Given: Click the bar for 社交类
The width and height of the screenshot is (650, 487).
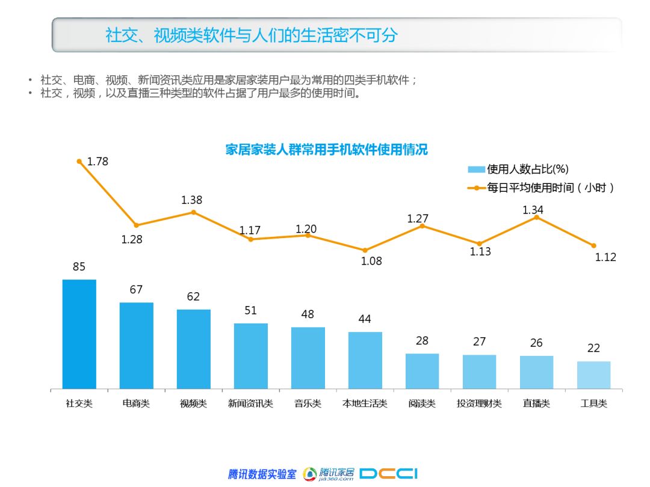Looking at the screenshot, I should point(79,334).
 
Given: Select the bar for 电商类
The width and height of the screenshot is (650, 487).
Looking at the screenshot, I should point(136,345).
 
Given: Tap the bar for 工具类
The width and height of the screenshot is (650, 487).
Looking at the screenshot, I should point(593,375).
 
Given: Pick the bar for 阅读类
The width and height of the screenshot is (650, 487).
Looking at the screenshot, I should point(422,370).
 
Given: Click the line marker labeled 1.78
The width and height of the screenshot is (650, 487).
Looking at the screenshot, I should point(79,161).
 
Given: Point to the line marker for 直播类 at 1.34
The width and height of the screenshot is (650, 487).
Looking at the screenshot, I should point(536,217).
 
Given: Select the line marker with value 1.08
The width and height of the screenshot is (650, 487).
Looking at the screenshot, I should point(365,250).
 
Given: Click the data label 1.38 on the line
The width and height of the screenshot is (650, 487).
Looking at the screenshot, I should point(192,200).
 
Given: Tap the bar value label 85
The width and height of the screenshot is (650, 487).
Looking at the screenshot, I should point(79,267).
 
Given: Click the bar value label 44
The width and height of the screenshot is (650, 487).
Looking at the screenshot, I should point(365,319).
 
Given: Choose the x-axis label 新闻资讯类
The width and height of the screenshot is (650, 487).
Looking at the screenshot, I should point(250,403).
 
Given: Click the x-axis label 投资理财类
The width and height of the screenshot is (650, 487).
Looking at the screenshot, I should point(479,403).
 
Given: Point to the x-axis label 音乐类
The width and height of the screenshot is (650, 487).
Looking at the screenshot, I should point(308,403).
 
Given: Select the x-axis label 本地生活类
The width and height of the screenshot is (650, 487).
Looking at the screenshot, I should point(365,403).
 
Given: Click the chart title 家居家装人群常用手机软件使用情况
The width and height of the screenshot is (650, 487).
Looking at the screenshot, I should point(326,150).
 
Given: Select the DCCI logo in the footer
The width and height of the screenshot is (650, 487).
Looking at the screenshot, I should point(388,474).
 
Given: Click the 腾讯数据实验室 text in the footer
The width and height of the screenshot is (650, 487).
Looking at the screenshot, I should point(262,474).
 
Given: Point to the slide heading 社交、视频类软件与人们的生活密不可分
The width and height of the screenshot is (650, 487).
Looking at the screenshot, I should point(252,35).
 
